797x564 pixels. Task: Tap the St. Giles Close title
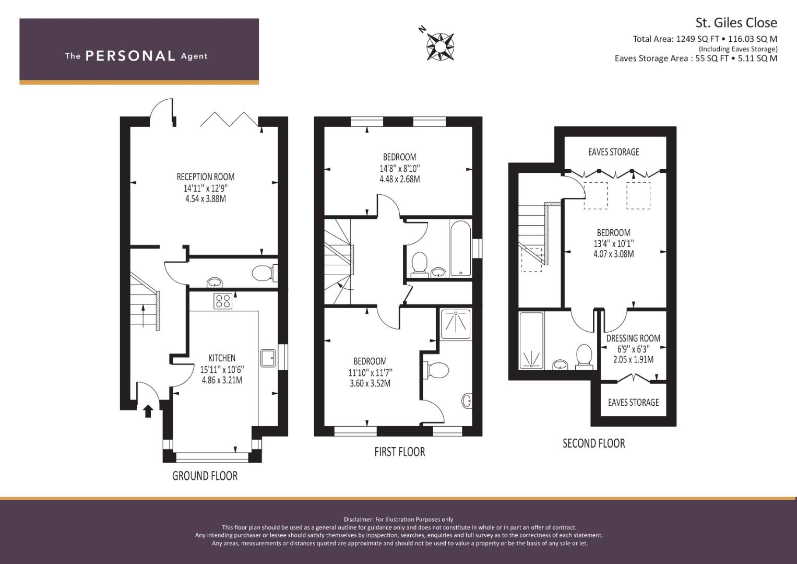point(736,23)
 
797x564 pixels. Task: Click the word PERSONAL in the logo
point(130,56)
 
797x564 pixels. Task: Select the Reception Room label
point(206,177)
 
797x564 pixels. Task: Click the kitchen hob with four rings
point(223,300)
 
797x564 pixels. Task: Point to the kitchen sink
point(268,358)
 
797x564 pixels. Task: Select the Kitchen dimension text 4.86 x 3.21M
point(222,380)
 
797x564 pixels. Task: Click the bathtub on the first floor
point(461,248)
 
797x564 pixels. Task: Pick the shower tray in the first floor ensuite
point(456,324)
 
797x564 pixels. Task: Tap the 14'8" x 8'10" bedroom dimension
point(400,168)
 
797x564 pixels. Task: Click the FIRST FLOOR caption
point(400,452)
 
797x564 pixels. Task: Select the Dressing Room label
point(633,338)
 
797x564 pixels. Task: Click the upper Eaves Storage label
point(613,152)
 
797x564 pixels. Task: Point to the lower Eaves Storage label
point(633,402)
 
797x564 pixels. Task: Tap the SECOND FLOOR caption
point(594,443)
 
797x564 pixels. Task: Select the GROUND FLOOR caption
point(205,476)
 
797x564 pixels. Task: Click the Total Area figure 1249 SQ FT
point(698,39)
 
